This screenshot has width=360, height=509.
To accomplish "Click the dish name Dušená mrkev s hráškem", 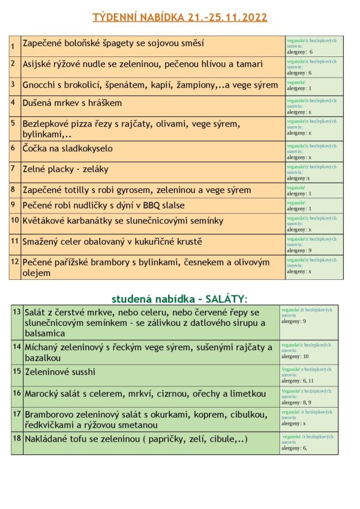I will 72,103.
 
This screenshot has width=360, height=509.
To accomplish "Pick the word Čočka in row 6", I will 35,149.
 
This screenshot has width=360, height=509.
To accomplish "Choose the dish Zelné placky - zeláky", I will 65,169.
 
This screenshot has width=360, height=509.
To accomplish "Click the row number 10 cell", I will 15,220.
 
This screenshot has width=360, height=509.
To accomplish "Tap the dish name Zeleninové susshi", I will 60,372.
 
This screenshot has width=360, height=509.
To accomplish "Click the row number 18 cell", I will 17,439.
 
